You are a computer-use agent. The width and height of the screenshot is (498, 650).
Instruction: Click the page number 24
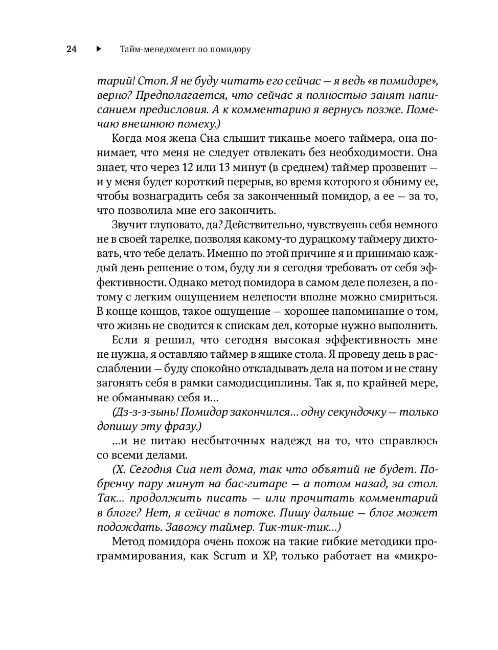click(71, 50)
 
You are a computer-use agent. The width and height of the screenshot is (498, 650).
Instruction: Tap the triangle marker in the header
click(99, 50)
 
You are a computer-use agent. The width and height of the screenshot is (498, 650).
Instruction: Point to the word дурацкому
click(318, 239)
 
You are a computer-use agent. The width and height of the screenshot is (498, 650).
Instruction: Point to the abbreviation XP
click(269, 556)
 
